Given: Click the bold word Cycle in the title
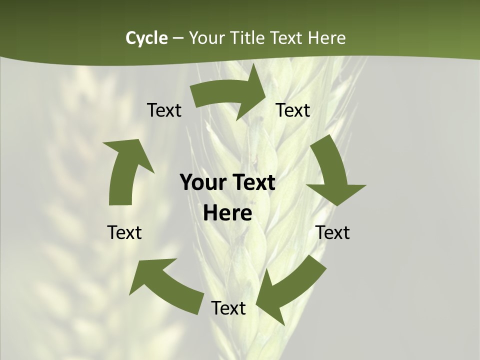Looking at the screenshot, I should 146,38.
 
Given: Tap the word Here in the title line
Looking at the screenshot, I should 326,38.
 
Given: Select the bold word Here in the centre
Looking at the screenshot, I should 227,213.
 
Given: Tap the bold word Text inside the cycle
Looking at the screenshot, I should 252,182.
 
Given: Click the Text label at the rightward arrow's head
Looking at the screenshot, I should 293,110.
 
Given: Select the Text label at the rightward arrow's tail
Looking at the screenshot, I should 164,110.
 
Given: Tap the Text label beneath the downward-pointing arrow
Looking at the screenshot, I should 332,232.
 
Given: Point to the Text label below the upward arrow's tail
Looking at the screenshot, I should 124,232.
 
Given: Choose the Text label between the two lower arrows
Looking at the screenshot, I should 228,308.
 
